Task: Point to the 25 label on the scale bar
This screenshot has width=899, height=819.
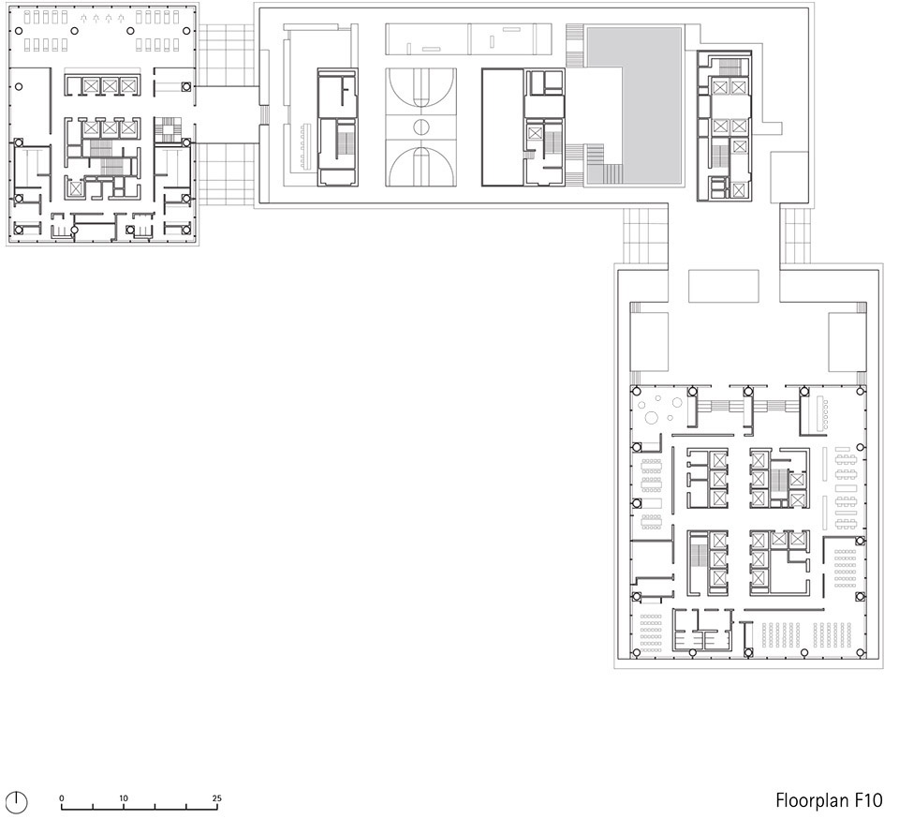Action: point(216,797)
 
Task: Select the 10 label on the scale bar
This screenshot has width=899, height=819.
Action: point(124,797)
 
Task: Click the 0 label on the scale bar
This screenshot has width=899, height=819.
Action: point(62,797)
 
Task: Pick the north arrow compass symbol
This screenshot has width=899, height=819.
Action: point(19,801)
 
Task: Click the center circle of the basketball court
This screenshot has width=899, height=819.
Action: point(420,127)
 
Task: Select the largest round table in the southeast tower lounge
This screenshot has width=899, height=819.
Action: point(652,418)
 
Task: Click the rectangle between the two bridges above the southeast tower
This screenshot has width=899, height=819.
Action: point(724,286)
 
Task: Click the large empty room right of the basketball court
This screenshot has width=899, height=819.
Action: point(502,127)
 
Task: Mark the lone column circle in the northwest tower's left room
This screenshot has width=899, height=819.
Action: point(19,87)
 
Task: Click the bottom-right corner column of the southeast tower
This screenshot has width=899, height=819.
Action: point(861,653)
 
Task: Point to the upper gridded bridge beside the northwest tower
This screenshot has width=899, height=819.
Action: point(226,55)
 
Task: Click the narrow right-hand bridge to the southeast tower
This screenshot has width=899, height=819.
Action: point(795,235)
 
